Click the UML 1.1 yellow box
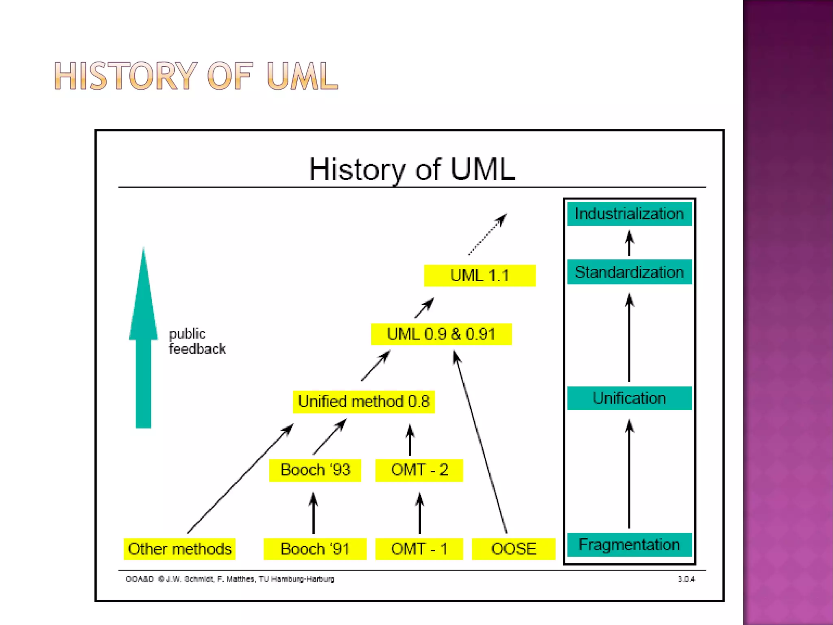pos(480,275)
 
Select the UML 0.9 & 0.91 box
pos(441,334)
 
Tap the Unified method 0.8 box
pos(364,402)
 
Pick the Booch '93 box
pos(315,470)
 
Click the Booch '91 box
pos(315,549)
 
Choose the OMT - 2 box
pos(419,470)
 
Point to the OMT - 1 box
pos(419,549)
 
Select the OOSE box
pos(513,549)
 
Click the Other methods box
pos(179,549)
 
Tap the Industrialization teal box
pos(629,214)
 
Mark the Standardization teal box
pos(629,272)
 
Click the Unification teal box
pos(629,398)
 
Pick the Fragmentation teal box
pos(629,544)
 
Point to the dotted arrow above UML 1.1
pos(487,234)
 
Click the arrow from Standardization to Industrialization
pos(629,243)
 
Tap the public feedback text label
pos(197,341)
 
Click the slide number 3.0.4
pos(686,579)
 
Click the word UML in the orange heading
pos(302,76)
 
